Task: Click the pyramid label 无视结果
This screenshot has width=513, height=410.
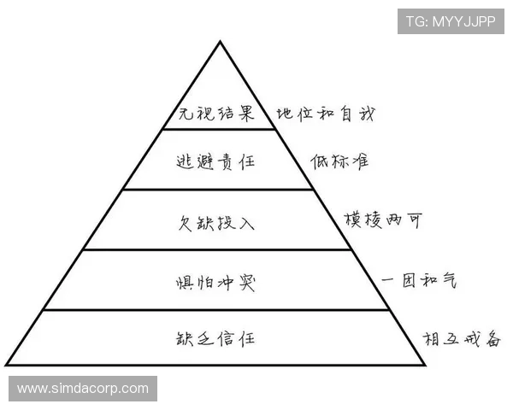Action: (x=216, y=114)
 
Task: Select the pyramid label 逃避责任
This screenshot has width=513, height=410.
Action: (x=215, y=161)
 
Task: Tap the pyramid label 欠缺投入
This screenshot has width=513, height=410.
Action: (x=216, y=223)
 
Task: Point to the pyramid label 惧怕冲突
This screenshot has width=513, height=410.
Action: (x=215, y=283)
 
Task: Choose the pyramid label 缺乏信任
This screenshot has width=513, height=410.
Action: (x=215, y=338)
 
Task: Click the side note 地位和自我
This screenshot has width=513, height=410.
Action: (x=326, y=114)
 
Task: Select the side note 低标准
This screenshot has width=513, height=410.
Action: (x=339, y=161)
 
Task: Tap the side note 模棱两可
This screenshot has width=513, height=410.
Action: (x=383, y=220)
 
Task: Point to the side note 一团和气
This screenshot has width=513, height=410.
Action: (x=419, y=280)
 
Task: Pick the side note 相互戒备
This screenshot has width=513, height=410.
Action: (x=462, y=339)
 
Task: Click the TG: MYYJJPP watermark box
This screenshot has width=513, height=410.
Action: (x=451, y=21)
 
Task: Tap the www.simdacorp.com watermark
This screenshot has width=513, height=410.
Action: (x=83, y=389)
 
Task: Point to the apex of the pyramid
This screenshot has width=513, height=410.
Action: (x=221, y=41)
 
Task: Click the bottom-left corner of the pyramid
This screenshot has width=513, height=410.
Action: (x=7, y=364)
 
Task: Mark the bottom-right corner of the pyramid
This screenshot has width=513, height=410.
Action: (x=425, y=365)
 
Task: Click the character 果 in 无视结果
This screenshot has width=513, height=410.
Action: (x=246, y=114)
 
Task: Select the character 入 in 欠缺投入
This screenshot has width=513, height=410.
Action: (x=247, y=224)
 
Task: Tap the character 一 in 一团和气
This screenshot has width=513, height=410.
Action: (x=388, y=280)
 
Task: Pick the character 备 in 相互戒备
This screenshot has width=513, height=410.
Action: (x=492, y=339)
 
